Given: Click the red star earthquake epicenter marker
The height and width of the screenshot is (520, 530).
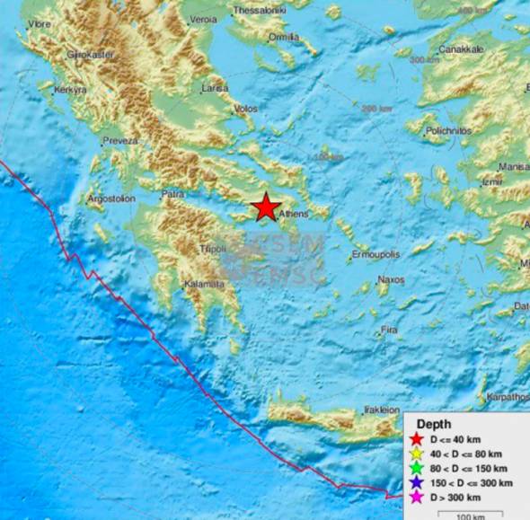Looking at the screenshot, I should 266,207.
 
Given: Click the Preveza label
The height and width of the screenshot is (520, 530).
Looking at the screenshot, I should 119,141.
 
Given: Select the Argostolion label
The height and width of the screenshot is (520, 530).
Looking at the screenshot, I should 111,198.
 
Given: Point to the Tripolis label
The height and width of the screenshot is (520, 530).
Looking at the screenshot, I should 212,248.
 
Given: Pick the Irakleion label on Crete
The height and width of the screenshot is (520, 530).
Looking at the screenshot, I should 382,410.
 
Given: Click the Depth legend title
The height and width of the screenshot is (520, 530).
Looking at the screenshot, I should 435,423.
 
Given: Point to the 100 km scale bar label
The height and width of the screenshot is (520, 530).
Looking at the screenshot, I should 470,516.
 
